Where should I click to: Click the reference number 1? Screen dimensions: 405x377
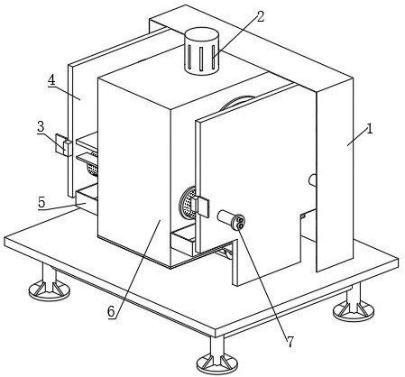(370, 129)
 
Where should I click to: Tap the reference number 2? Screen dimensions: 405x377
(261, 17)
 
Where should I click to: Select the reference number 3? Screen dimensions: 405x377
(41, 126)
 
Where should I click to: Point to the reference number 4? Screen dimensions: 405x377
(51, 80)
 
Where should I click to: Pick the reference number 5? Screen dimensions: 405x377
(41, 202)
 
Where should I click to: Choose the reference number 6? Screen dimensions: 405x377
(111, 311)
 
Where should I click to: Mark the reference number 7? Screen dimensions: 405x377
(290, 342)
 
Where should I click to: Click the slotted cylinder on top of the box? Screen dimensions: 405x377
(201, 51)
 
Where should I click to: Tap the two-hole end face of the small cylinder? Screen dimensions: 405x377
(240, 222)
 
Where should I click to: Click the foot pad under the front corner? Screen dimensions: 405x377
(217, 363)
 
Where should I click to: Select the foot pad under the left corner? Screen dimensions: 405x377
(50, 290)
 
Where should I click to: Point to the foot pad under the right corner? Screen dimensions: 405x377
(354, 310)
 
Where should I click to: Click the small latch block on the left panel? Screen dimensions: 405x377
(64, 145)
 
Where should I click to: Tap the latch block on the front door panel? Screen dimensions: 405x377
(202, 207)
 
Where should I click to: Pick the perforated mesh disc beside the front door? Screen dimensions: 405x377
(187, 203)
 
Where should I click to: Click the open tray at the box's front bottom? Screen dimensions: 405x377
(183, 239)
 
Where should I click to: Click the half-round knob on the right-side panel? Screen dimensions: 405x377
(312, 179)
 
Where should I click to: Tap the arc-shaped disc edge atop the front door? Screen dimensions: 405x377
(237, 102)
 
